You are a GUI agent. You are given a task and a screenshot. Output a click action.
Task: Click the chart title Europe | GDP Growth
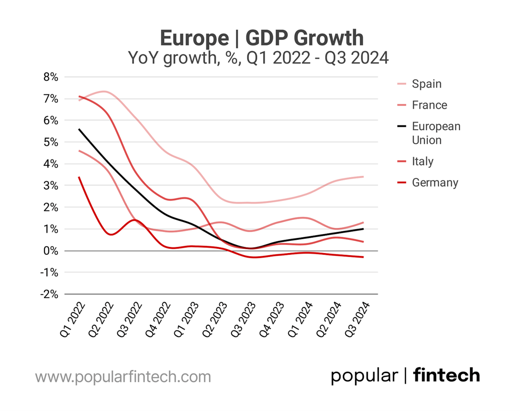(x=262, y=38)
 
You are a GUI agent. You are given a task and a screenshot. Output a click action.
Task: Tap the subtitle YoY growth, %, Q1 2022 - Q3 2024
(x=258, y=58)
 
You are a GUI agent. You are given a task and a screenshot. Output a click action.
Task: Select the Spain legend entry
(x=426, y=84)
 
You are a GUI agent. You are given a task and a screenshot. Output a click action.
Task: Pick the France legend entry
(x=429, y=105)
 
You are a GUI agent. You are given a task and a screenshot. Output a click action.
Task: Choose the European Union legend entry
(x=435, y=133)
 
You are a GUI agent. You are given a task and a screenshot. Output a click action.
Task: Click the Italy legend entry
(x=422, y=162)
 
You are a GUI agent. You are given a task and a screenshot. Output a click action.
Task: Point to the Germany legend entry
(x=435, y=183)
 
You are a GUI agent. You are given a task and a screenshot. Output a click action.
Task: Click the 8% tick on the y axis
(x=51, y=77)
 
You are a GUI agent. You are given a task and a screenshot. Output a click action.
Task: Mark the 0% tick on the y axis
(x=51, y=251)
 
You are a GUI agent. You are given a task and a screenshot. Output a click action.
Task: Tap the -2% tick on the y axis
(x=49, y=294)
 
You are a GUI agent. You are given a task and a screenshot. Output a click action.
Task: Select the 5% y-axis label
(x=51, y=142)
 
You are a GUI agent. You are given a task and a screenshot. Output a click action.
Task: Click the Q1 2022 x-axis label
(x=73, y=319)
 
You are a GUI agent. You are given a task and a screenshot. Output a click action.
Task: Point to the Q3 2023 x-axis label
(x=243, y=319)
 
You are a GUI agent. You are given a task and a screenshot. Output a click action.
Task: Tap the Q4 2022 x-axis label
(x=158, y=319)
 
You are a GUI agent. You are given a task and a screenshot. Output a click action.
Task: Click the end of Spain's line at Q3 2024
(x=363, y=176)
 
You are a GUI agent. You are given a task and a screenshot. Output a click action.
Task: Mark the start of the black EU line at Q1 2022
(x=79, y=129)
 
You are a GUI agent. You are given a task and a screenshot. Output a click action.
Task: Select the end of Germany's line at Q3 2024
(x=363, y=257)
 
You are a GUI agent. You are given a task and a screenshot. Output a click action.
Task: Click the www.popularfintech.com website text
(x=123, y=377)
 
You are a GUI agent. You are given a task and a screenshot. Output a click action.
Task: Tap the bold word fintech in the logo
(x=446, y=375)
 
